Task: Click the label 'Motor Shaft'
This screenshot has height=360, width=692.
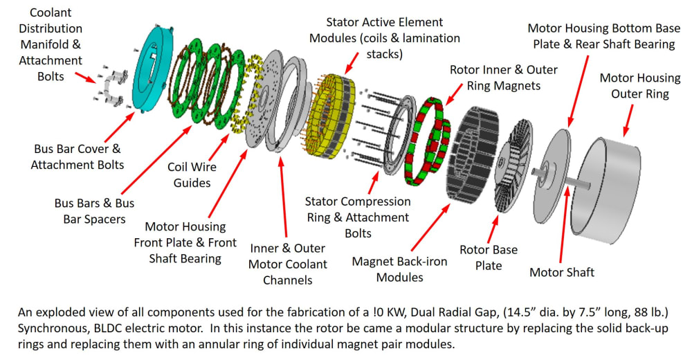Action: (561, 272)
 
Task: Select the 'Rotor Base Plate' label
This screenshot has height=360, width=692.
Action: (489, 257)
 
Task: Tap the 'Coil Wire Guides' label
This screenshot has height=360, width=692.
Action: (192, 174)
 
